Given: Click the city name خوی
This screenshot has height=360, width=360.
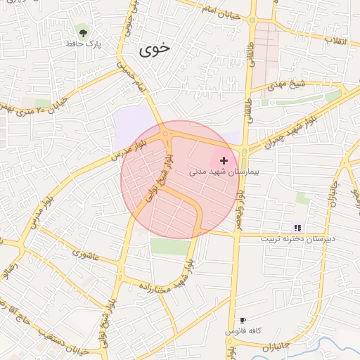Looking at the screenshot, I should click(x=155, y=49).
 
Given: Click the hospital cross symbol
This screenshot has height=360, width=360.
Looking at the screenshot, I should click(x=224, y=161).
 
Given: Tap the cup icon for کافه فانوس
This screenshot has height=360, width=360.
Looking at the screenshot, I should click(x=243, y=320).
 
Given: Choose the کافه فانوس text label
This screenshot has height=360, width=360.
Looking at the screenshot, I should click(x=243, y=330).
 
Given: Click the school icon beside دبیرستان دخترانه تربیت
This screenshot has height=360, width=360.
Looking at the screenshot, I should click(x=297, y=228).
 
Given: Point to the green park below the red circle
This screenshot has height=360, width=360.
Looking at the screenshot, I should click(x=169, y=246).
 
